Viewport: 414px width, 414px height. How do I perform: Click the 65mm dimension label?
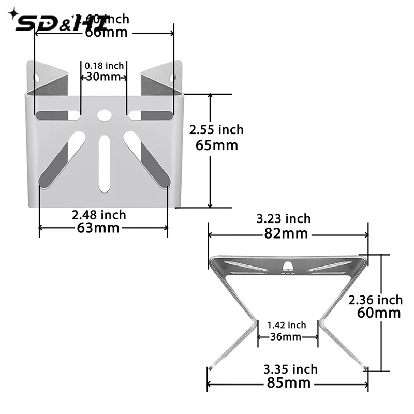pos(217,145)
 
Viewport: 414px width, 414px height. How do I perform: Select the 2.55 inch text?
pos(216,129)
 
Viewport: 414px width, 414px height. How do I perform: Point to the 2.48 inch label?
pos(99,214)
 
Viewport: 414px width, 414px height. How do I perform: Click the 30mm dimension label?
pos(103,77)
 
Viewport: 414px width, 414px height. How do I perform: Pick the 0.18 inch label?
pos(104,66)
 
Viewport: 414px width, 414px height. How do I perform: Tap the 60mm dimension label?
pos(379,313)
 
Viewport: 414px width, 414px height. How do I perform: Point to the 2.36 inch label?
pos(375,300)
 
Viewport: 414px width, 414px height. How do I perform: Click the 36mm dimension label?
pos(286,337)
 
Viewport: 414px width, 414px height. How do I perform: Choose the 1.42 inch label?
pos(286,325)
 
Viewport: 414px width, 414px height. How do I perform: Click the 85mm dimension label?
pos(287,383)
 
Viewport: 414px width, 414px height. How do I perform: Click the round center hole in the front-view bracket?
pos(104,115)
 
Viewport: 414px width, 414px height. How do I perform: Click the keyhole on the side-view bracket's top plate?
pos(287,266)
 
